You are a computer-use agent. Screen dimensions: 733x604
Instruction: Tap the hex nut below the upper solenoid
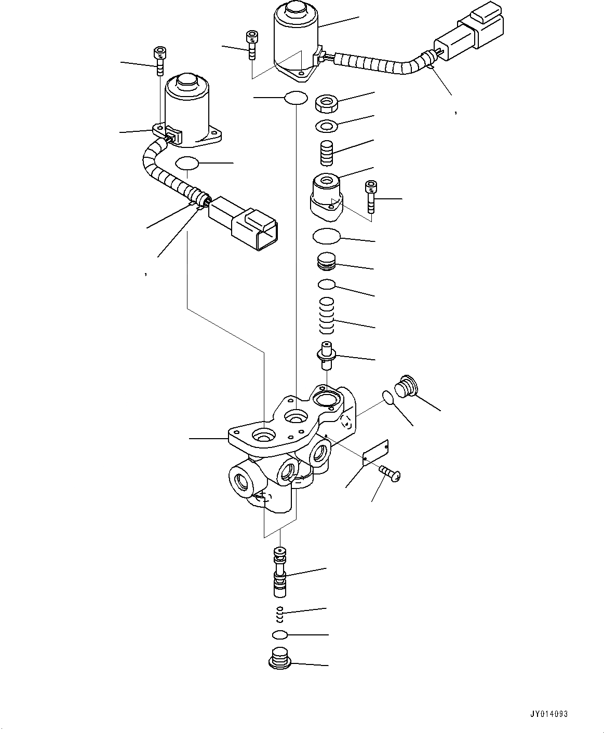coord(327,103)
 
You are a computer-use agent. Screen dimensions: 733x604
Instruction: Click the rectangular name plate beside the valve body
coord(376,451)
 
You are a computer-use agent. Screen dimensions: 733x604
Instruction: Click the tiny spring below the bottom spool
coord(279,614)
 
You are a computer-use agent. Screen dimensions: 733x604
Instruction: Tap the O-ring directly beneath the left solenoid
coord(187,163)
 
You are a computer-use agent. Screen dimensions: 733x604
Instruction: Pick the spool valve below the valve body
coord(280,571)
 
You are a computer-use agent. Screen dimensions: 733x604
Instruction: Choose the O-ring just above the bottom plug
coord(279,634)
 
